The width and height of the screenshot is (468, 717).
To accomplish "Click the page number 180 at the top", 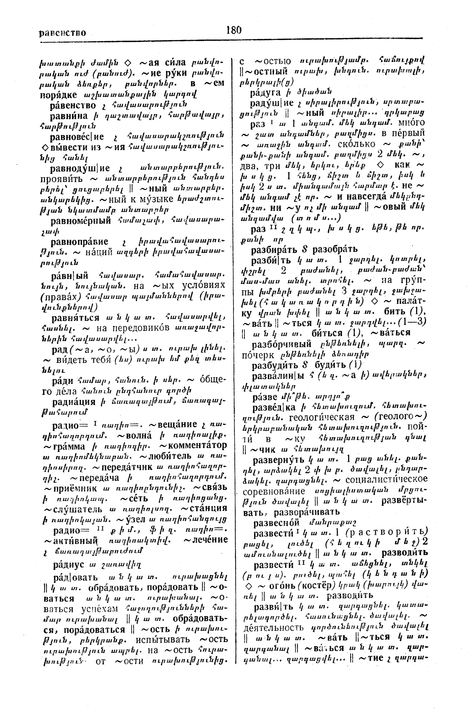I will click(233, 30).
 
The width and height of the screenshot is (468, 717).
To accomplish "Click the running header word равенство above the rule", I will click(62, 33).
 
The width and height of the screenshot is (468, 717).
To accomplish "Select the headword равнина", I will click(69, 116).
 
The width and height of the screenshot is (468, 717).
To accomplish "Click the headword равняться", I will click(76, 318).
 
